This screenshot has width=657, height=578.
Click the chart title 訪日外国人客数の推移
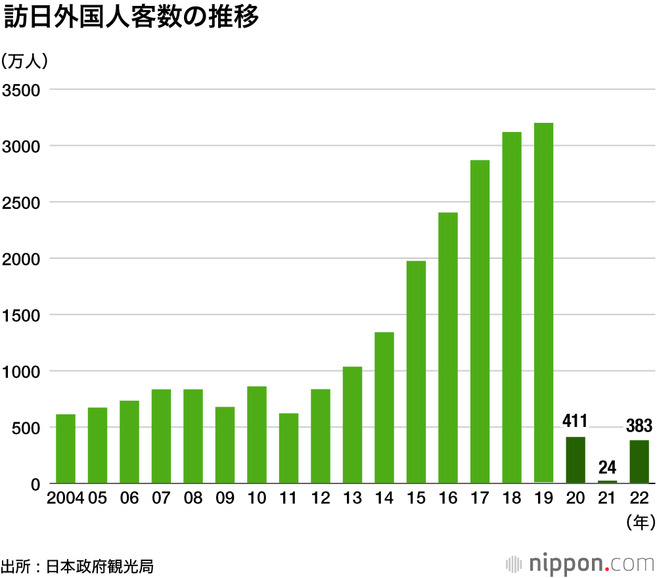(x=131, y=18)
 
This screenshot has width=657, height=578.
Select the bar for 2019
(x=543, y=302)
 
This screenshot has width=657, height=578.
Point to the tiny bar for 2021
(x=607, y=481)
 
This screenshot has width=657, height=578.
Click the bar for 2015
(x=416, y=372)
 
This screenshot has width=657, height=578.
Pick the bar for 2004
(x=66, y=449)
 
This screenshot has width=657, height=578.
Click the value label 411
(x=575, y=421)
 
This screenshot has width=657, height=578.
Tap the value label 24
(x=607, y=468)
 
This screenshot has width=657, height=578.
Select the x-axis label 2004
(x=65, y=499)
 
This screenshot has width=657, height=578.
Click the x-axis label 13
(x=352, y=499)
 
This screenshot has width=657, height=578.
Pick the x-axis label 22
(x=639, y=499)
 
